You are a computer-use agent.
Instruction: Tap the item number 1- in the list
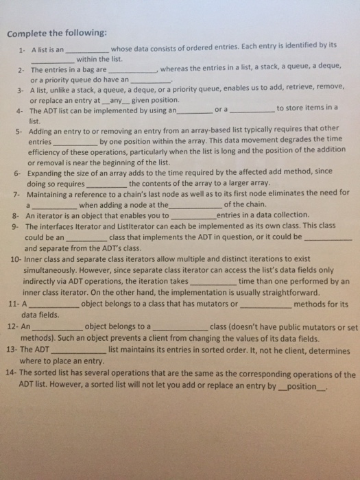tap(23, 50)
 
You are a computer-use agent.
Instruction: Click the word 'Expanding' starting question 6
tap(46, 172)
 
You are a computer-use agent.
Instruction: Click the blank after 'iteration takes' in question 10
tap(213, 282)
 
